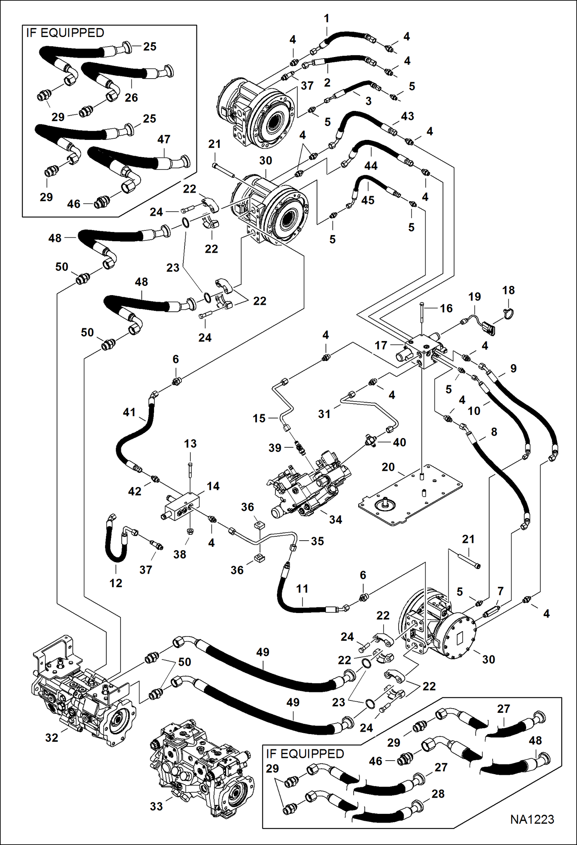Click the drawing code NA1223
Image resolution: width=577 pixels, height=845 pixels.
coord(532,819)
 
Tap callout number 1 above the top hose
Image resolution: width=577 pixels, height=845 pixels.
coord(327,18)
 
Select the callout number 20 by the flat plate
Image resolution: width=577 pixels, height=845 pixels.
coord(388,467)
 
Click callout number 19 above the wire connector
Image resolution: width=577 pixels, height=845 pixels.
coord(475,297)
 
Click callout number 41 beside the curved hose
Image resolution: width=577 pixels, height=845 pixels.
coord(129,412)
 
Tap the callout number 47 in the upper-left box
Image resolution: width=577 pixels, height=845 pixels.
coord(164,139)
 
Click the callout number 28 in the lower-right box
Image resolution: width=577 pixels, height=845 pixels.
coord(438,794)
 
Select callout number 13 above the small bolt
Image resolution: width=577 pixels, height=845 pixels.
coord(190,443)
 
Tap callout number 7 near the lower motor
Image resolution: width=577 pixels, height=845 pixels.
coord(500,591)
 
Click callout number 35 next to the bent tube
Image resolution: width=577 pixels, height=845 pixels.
coord(317,541)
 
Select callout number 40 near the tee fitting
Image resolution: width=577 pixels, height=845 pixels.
coord(399,442)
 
